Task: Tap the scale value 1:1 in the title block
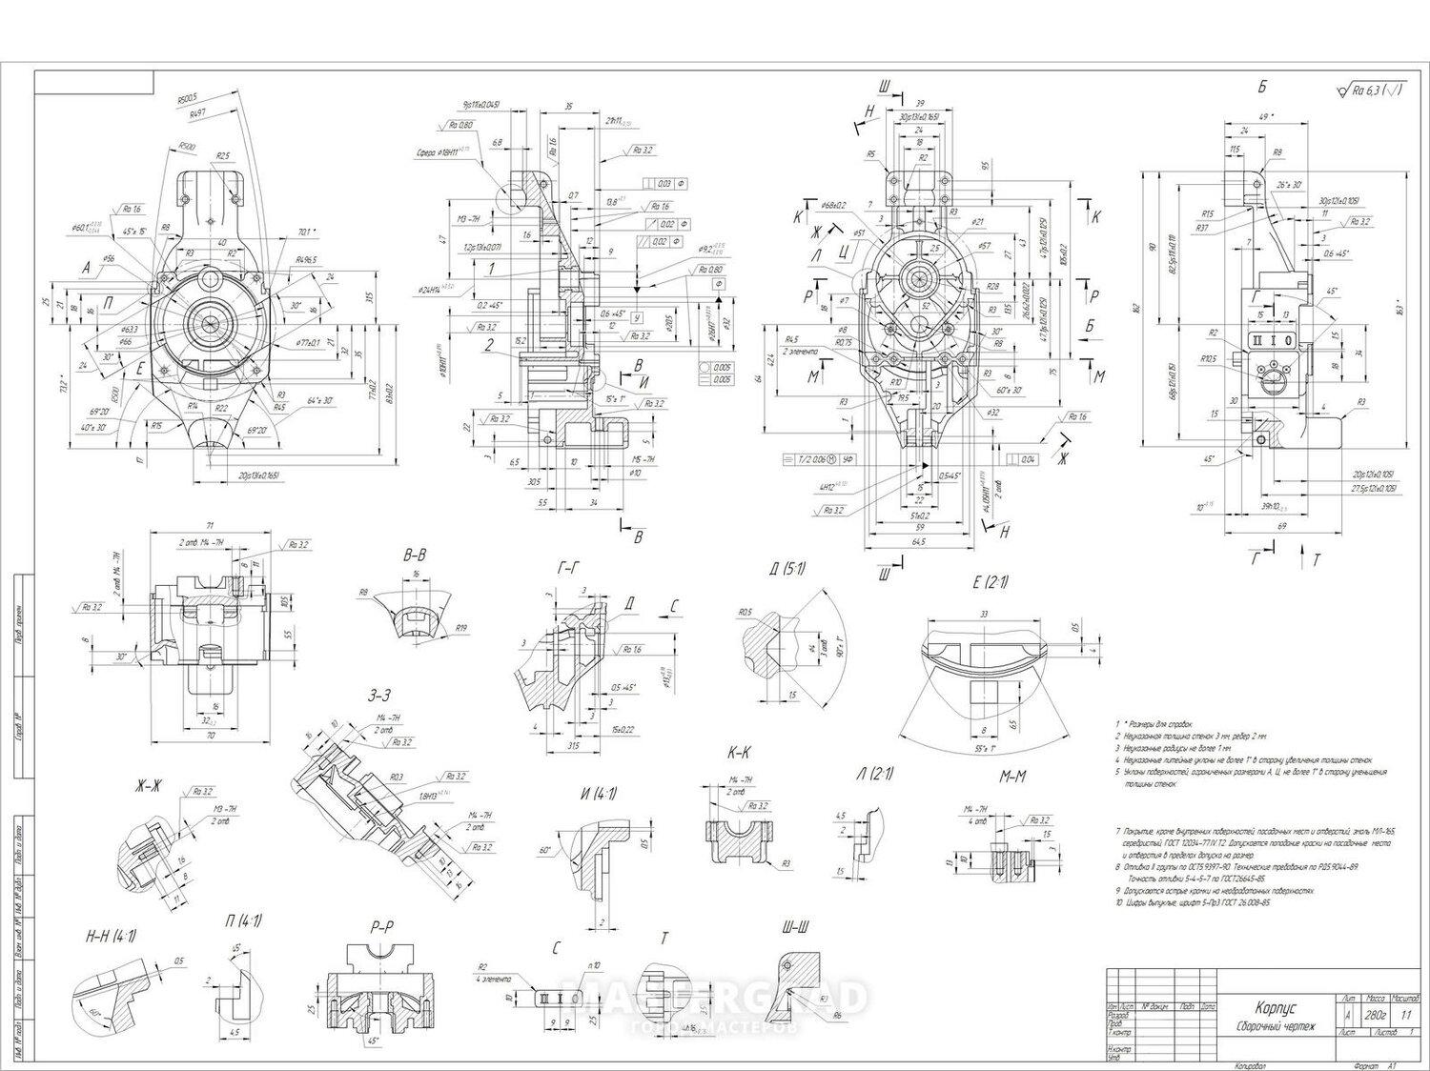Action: click(x=1405, y=1015)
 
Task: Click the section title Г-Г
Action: click(x=568, y=568)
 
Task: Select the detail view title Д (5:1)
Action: click(x=787, y=569)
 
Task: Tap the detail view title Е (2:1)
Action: click(x=991, y=582)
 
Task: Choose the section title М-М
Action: click(x=1012, y=777)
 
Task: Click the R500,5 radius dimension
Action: click(x=187, y=98)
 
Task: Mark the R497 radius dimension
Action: click(x=198, y=113)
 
